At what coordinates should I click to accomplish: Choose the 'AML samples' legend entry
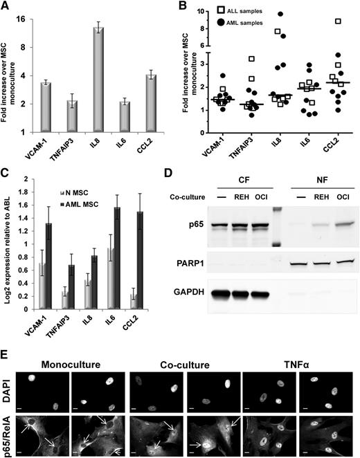point(247,24)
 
